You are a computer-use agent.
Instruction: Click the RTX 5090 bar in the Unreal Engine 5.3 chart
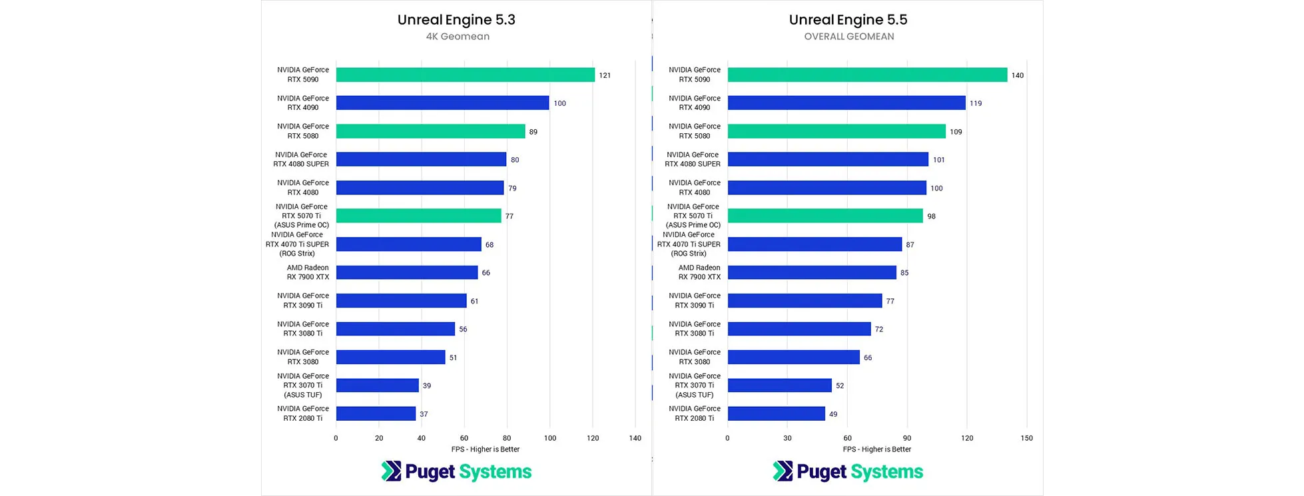point(465,75)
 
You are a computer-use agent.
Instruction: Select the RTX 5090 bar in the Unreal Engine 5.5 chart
point(867,75)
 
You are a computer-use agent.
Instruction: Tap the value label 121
point(605,75)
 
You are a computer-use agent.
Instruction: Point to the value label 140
point(1017,75)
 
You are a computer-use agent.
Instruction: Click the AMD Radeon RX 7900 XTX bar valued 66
point(407,272)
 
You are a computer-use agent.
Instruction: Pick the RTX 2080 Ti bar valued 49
point(776,413)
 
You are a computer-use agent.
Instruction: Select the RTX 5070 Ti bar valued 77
point(418,216)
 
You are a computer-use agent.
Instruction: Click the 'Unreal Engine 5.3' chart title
point(456,20)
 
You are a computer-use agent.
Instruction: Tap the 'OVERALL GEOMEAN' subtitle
point(848,37)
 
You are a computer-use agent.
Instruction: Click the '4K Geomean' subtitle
point(458,37)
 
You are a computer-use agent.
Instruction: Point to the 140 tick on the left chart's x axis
point(635,438)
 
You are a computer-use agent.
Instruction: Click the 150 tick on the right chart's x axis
point(1026,438)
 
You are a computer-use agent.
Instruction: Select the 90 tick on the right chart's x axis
point(907,438)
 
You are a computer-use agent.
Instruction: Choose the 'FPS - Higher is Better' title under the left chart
point(485,449)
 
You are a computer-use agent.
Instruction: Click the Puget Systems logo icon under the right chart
point(783,471)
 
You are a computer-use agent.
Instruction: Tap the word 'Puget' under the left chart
point(430,472)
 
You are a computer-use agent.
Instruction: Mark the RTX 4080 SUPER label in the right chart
point(693,159)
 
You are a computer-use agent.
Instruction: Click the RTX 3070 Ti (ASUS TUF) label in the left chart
point(303,385)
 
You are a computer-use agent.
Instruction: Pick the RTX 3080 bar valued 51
point(390,357)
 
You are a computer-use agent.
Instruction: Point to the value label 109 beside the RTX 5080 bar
point(956,132)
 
